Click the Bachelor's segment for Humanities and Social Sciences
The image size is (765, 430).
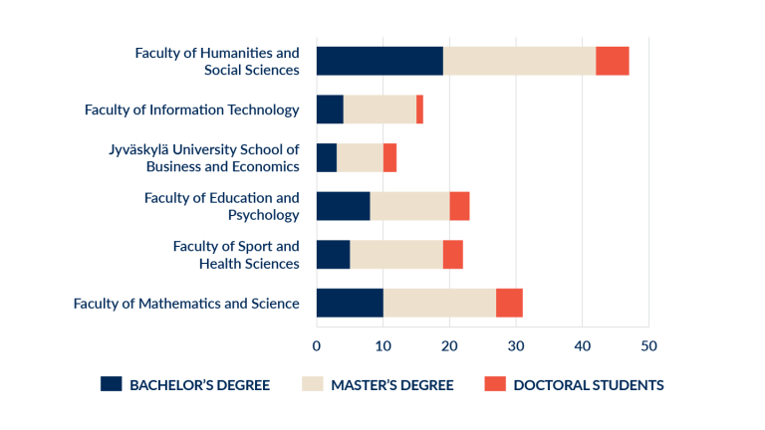pos(380,61)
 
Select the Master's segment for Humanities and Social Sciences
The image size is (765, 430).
pos(519,61)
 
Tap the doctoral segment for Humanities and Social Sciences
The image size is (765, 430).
pos(612,61)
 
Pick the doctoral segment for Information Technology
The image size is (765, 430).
pos(419,109)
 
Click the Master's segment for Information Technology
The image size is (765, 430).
pos(380,109)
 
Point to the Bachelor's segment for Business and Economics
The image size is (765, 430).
pos(327,157)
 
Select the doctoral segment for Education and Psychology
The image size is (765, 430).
pos(459,206)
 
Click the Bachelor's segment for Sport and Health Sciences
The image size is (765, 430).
pos(333,255)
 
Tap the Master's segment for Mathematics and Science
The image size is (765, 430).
pos(439,303)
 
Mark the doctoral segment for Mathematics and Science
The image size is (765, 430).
pos(509,303)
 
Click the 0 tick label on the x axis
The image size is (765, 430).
pos(317,345)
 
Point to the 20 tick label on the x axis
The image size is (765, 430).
pos(449,345)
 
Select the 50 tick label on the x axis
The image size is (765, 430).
pos(648,345)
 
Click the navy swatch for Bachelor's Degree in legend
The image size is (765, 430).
pos(111,384)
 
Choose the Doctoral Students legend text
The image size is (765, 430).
pos(588,385)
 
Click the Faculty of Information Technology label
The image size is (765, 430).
pos(191,109)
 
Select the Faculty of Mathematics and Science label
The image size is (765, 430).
pos(186,303)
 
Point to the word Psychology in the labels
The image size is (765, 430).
pos(263,214)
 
